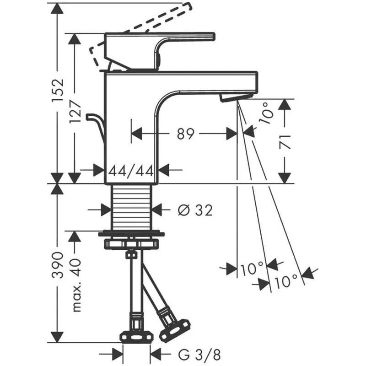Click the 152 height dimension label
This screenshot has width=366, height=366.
[x=58, y=90]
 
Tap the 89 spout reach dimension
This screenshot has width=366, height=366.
[x=185, y=134]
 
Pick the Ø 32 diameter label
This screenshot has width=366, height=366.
[x=195, y=210]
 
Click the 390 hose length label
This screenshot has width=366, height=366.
[x=58, y=265]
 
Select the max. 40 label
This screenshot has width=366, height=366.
[x=76, y=285]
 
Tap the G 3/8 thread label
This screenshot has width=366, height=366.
[x=199, y=355]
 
